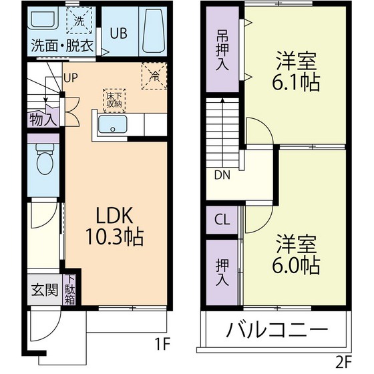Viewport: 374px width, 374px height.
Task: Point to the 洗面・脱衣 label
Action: pos(61,49)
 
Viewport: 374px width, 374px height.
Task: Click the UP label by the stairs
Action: pos(71,77)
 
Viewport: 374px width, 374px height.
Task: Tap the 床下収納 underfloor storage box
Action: pos(113,100)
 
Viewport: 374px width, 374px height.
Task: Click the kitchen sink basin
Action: pos(112,125)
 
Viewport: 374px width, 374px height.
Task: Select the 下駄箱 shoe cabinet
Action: pos(69,291)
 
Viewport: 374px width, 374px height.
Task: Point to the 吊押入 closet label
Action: pos(222,52)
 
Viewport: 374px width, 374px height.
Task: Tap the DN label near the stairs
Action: pos(222,176)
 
